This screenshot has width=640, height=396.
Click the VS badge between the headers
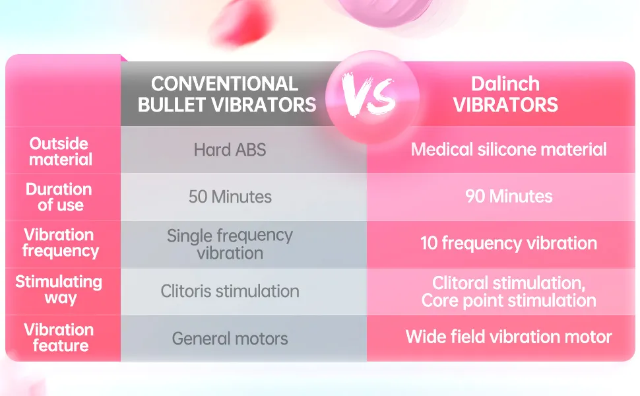[x=372, y=97]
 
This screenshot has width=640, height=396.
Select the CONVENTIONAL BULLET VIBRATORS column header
[x=227, y=94]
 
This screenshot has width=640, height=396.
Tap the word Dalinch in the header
[x=505, y=84]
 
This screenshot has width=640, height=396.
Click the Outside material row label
[x=61, y=151]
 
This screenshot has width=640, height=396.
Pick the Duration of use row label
[x=59, y=197]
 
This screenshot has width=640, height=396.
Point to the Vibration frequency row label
[x=61, y=243]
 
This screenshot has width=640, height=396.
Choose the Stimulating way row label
[x=59, y=290]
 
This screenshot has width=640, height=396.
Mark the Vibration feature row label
[x=59, y=337]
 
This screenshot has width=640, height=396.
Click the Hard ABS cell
[x=230, y=150]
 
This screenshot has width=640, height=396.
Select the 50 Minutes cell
[x=230, y=197]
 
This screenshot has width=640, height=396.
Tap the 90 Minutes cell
[x=509, y=197]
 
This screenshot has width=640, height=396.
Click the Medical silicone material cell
[x=509, y=149]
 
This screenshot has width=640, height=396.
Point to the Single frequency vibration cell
[x=230, y=244]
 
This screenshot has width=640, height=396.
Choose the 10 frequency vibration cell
[x=509, y=244]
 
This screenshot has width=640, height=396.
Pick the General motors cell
[x=230, y=339]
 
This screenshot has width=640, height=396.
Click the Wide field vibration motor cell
[x=509, y=337]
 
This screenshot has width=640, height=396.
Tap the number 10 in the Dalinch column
[x=429, y=244]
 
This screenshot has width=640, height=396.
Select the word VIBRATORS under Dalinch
[x=505, y=105]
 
